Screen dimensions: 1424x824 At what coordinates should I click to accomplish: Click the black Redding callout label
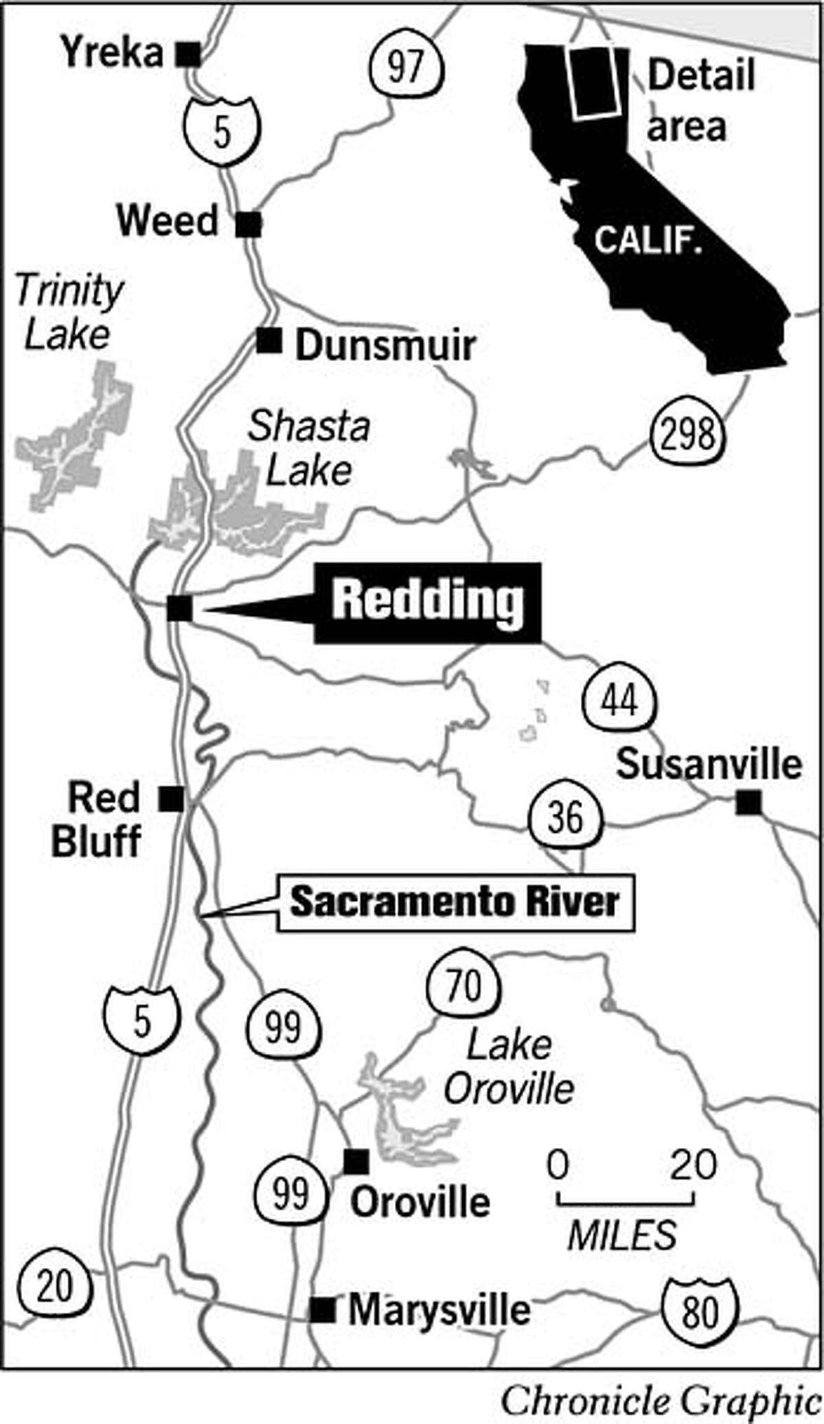(x=427, y=603)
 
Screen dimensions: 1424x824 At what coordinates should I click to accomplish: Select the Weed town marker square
(x=249, y=224)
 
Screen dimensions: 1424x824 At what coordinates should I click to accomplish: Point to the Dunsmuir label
(x=385, y=345)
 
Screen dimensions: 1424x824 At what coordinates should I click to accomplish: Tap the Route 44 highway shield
(x=619, y=701)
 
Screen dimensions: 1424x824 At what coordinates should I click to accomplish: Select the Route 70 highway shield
(x=463, y=987)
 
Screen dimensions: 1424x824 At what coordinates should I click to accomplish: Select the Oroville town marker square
(x=356, y=1161)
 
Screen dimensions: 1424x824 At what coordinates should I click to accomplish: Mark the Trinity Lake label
(x=69, y=312)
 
